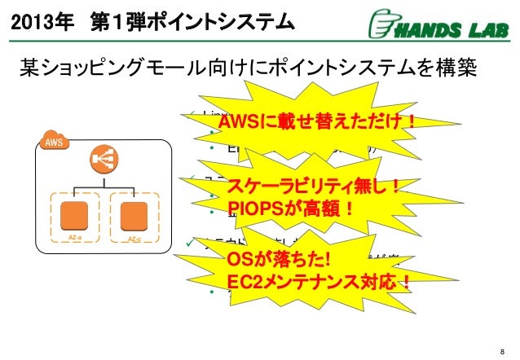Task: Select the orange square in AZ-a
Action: [x=76, y=214]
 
